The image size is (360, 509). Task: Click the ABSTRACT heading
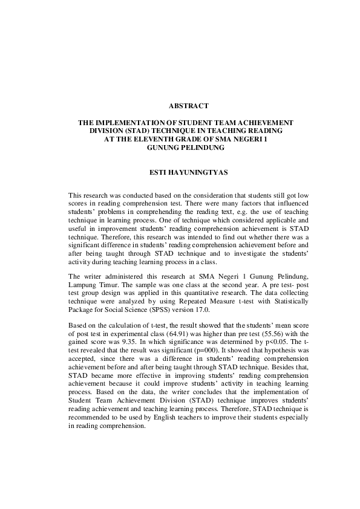180,105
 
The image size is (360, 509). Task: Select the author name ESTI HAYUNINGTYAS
180,172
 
